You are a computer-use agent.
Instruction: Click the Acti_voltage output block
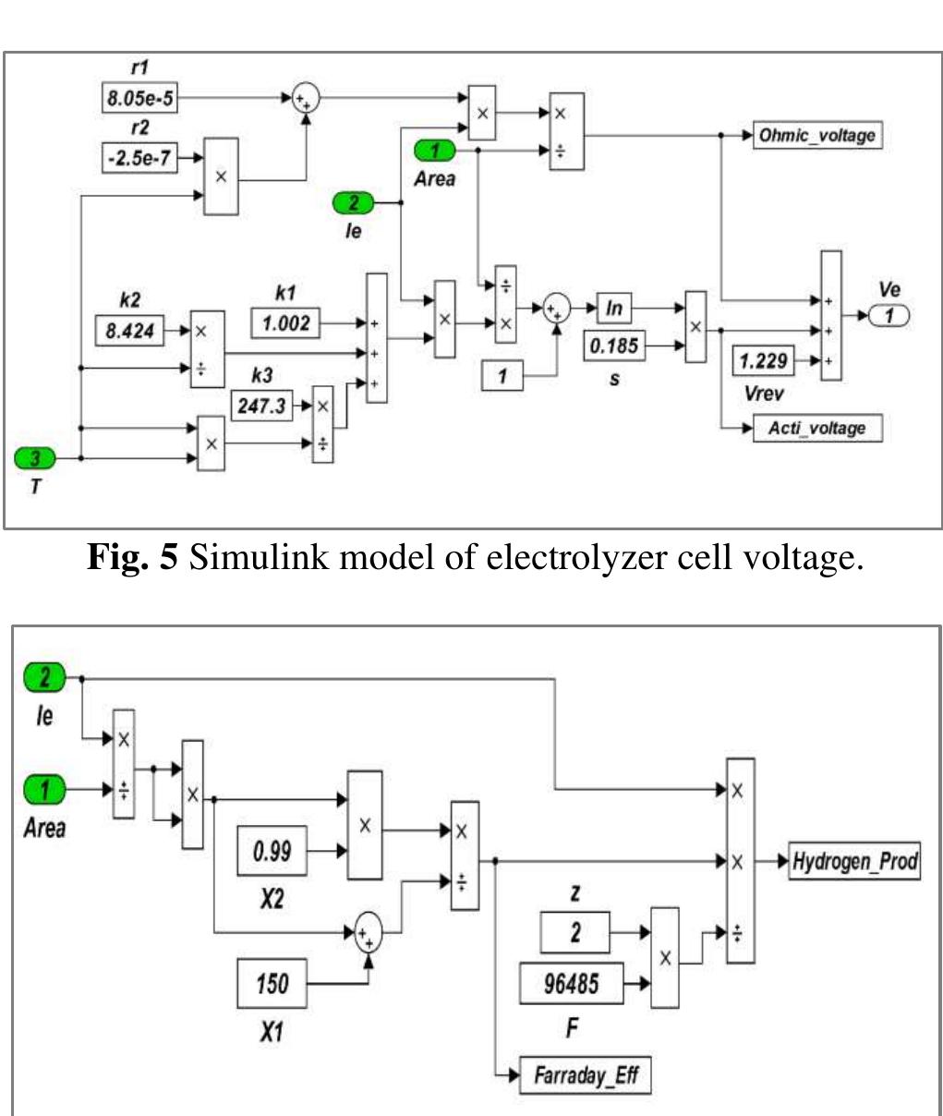pos(817,428)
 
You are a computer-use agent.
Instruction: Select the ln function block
pos(614,307)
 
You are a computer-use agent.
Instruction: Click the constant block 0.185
pos(614,347)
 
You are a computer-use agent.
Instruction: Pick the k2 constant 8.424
pos(131,331)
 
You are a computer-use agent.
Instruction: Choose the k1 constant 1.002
pos(286,324)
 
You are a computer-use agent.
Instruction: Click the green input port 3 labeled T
pos(37,457)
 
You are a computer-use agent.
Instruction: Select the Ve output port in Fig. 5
pos(889,316)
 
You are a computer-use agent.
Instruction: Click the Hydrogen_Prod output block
pos(853,862)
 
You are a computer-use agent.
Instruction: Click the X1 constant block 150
pos(272,984)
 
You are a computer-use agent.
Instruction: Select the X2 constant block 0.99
pos(272,850)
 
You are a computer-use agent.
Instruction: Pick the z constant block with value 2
pos(574,933)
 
